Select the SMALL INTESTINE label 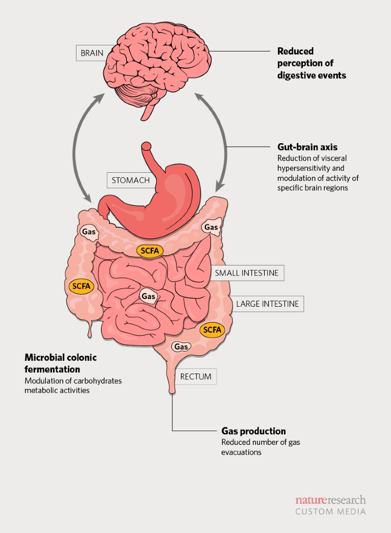point(247,273)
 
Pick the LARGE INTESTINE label point(267,304)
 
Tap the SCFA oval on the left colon point(81,286)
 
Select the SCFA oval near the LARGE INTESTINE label point(212,330)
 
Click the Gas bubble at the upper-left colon point(88,232)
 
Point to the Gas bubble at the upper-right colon point(211,227)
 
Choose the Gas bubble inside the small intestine point(148,296)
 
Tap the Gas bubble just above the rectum point(181,347)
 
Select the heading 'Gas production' point(253,431)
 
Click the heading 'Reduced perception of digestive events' point(311,63)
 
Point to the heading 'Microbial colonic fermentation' point(61,363)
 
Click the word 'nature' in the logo point(310,500)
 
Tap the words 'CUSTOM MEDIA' point(330,511)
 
